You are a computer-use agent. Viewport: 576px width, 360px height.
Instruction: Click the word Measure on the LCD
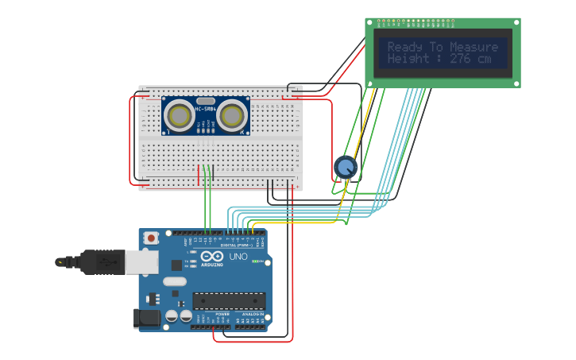(474, 47)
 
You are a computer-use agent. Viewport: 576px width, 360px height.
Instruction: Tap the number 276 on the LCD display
(462, 59)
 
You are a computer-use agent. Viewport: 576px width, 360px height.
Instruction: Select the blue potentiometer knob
(346, 167)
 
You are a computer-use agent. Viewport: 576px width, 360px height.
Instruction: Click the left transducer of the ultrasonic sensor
(180, 116)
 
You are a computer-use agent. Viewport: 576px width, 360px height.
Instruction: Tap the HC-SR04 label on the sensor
(206, 109)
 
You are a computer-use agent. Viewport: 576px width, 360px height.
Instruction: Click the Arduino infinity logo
(212, 257)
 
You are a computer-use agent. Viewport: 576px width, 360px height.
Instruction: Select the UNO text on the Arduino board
(238, 257)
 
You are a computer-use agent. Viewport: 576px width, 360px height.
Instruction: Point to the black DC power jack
(149, 319)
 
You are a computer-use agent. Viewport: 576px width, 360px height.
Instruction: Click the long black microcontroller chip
(229, 300)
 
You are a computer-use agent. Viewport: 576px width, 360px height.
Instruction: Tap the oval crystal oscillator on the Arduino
(175, 281)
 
